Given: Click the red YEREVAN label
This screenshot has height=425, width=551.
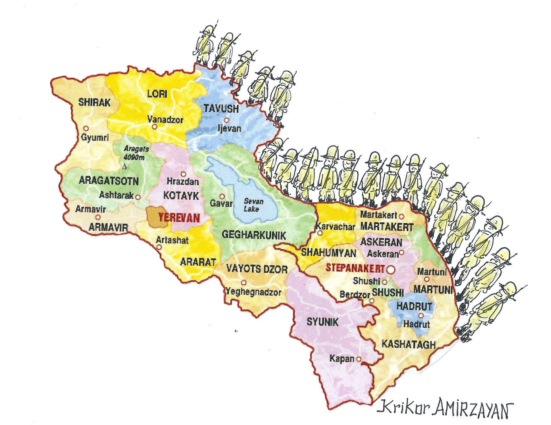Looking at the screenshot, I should point(179,217).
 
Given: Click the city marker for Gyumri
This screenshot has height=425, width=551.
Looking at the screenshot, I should point(86,128).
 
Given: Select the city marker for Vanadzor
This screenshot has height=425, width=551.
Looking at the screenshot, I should point(154,127).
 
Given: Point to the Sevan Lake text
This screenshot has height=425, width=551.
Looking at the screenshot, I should point(253,205).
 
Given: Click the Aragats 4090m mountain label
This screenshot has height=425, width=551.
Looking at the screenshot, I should point(136,153).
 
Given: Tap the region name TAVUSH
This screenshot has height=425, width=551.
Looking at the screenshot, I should point(221,109).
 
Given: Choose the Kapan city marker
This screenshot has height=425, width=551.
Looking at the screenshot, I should point(359,359).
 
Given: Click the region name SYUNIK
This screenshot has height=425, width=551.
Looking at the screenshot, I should point(322,322).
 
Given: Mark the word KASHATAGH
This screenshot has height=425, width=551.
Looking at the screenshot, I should point(408,344).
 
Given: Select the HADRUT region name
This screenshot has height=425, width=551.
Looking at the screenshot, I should point(414,306).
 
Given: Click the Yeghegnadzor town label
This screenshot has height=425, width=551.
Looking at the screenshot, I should point(253,292).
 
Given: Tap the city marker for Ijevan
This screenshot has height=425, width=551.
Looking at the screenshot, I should point(227,120).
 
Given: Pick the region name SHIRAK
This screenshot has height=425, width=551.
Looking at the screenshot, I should point(94,102).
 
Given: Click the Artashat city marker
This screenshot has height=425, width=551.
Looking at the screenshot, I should point(159,247).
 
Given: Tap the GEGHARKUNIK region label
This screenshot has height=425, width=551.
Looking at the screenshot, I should point(254,235).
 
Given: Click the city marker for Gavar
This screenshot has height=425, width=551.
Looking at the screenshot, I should point(222,196).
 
